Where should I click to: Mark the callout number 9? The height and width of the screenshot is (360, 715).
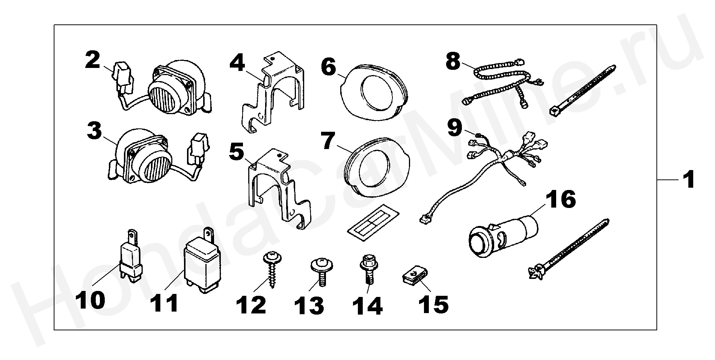(x=454, y=128)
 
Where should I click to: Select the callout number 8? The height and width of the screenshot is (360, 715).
(x=453, y=61)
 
